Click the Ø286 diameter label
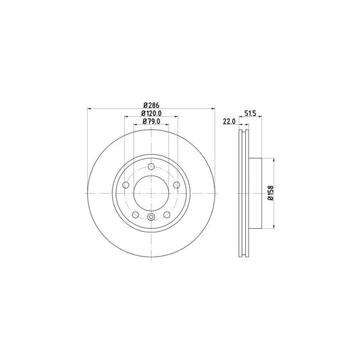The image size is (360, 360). tap(151, 104)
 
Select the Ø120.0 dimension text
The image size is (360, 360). tap(151, 113)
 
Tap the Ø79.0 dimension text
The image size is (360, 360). tap(151, 122)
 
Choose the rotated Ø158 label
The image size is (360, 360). tap(270, 193)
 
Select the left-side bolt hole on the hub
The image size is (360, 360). tap(126, 185)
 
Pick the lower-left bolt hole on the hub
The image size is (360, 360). tap(135, 215)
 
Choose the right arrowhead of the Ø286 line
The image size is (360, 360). tap(213, 108)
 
